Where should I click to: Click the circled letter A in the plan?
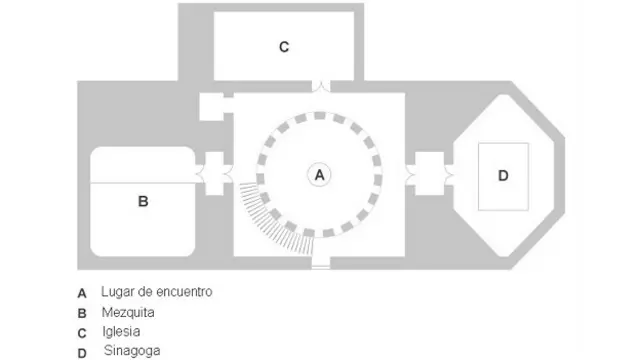[x=319, y=174]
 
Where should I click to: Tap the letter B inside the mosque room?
[x=143, y=201]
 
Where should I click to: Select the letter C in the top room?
[x=284, y=46]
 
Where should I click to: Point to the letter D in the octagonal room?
[x=503, y=176]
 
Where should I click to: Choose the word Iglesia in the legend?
[x=121, y=331]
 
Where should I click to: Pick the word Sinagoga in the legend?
[x=130, y=350]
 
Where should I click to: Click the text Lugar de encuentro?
[x=156, y=292]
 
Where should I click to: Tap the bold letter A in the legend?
[x=82, y=294]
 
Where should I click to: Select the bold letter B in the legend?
[x=82, y=313]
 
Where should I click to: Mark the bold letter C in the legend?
[x=82, y=332]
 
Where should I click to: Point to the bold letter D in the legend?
[x=82, y=351]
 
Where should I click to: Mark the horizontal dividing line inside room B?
[x=143, y=182]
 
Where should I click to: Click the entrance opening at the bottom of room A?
[x=319, y=262]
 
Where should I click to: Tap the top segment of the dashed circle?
[x=319, y=112]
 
